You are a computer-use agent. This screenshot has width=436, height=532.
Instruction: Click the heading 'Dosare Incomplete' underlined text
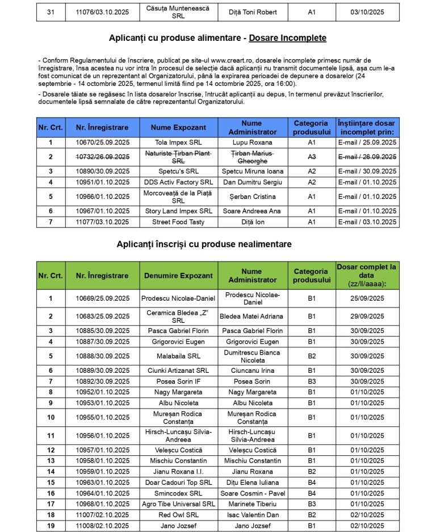point(288,38)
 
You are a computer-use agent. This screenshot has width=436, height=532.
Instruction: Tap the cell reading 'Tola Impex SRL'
point(178,143)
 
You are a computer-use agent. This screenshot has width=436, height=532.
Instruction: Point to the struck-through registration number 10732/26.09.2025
point(102,157)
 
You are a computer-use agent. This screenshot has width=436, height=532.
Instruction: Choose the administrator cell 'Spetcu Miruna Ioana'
point(251,171)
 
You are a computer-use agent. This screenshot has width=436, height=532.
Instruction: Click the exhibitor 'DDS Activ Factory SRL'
point(178,182)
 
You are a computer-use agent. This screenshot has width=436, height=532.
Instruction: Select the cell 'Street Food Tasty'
point(178,222)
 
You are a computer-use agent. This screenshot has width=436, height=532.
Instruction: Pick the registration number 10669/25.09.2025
point(102,298)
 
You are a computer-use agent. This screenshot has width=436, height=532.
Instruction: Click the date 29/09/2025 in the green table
point(367,316)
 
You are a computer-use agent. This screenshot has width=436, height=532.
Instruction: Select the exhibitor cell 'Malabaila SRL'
point(178,356)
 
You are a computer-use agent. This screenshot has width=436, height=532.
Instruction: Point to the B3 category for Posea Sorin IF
point(312,381)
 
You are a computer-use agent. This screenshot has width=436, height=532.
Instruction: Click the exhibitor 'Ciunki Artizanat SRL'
point(178,371)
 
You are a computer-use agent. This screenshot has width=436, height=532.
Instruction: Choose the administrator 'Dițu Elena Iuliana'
point(252,482)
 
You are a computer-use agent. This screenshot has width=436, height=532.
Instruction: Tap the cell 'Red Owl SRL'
point(178,515)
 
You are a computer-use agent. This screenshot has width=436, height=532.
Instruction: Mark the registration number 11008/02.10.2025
point(102,526)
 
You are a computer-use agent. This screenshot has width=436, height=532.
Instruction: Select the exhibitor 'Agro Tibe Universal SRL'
point(178,504)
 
